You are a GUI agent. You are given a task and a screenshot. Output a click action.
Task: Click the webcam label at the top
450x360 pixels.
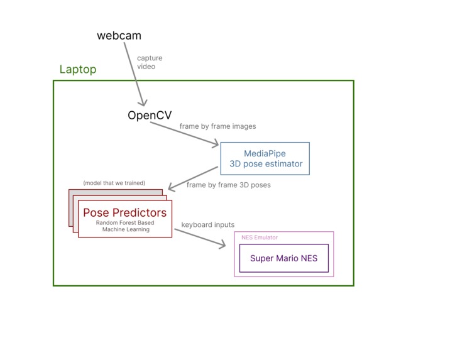coord(119,36)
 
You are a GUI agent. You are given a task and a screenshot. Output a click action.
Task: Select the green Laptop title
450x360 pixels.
coord(78,69)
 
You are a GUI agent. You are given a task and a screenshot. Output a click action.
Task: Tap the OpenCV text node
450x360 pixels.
coord(150,116)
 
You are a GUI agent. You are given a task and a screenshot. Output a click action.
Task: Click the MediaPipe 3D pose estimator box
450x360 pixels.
coord(265,158)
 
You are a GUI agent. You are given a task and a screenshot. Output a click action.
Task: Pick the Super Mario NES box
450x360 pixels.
coord(283,258)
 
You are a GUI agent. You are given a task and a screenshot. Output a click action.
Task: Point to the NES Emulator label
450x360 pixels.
coord(260,237)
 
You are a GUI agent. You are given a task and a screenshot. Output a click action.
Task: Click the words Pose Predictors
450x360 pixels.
coord(125,212)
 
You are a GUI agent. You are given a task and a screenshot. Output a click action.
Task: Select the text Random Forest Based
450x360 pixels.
coord(125,223)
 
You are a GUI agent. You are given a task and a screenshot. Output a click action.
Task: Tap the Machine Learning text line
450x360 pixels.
coord(126,230)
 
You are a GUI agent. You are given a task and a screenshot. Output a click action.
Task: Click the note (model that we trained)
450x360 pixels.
coord(114,183)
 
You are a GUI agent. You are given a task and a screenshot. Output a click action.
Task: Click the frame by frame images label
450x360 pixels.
coord(217,126)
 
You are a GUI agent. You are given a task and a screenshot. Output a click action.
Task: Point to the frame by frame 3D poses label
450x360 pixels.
coord(229,185)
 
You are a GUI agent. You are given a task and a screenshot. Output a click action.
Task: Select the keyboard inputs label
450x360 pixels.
coord(207,224)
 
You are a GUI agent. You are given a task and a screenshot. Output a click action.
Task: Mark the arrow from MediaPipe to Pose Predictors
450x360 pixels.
coord(194,178)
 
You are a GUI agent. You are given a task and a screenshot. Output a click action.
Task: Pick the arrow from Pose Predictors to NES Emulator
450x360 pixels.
coord(199,238)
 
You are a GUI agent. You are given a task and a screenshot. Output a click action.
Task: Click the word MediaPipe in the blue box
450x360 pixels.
coord(265,153)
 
